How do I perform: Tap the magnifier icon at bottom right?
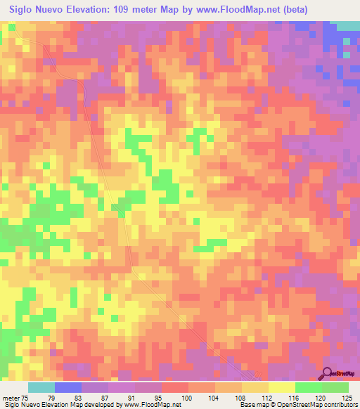click(327, 374)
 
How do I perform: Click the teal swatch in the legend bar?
click(41, 387)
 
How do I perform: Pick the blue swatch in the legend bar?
click(68, 387)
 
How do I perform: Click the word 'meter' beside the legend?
click(11, 398)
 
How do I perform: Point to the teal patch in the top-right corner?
click(347, 25)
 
